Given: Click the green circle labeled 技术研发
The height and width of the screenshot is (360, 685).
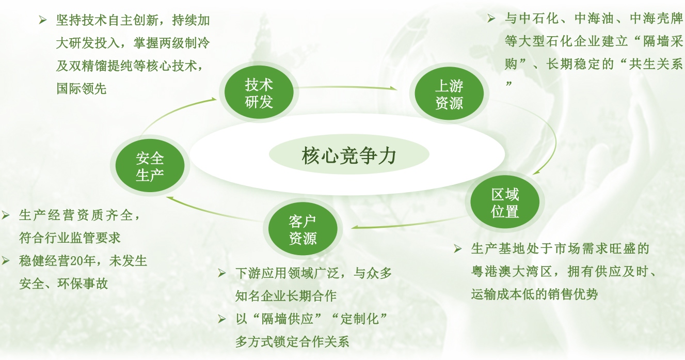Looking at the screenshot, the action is (x=259, y=92).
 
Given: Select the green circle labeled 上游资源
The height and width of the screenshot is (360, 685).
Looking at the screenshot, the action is (x=449, y=93).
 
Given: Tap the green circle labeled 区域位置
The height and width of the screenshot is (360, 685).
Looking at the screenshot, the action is (x=504, y=202).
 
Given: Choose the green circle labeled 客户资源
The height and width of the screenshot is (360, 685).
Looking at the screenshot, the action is (x=302, y=229).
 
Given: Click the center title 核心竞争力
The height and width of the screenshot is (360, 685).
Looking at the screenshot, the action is (x=349, y=155).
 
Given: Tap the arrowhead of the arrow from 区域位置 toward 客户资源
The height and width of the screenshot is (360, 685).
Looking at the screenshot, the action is (x=355, y=227).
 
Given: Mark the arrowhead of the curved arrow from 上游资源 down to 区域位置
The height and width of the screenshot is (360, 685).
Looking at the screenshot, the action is (x=536, y=173).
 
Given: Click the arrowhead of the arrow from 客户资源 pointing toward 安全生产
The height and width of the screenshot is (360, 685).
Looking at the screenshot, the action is (x=170, y=199).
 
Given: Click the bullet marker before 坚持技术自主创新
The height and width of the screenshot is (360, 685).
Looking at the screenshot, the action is (x=42, y=20).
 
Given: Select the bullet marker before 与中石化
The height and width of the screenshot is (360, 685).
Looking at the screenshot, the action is (x=491, y=19).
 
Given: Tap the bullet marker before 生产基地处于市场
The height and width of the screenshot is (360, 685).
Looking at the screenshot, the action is (x=458, y=248).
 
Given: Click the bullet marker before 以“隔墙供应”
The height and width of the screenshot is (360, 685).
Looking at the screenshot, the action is (x=221, y=319).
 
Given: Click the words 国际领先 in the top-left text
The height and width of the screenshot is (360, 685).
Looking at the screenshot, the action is (x=82, y=89).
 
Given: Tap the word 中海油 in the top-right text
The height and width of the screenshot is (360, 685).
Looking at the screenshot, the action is (x=594, y=19).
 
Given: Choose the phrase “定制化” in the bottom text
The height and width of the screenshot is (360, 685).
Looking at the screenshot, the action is (x=359, y=319).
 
